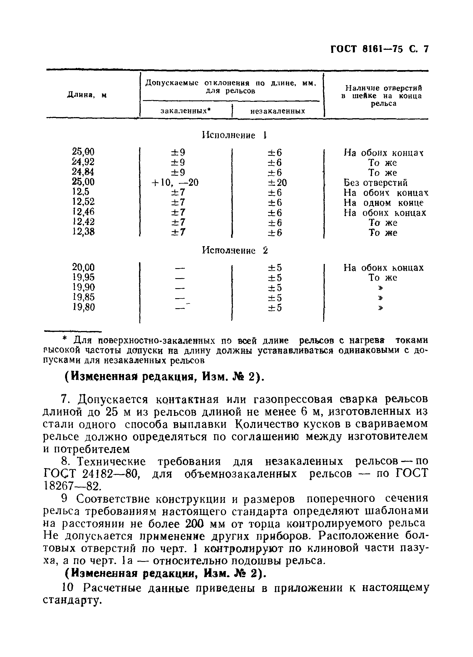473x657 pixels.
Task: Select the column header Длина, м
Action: point(87,95)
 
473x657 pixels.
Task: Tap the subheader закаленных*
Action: point(186,111)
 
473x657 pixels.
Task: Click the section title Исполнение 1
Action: point(234,135)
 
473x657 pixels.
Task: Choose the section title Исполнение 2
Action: point(235,250)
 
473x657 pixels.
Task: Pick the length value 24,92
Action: point(83,162)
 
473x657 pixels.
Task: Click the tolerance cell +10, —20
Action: point(175,182)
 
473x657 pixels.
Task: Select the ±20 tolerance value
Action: point(277,183)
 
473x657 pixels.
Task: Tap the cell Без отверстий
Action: point(375,183)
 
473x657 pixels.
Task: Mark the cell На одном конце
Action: point(383,203)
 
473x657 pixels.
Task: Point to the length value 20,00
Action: point(83,267)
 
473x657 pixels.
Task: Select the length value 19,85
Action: point(83,297)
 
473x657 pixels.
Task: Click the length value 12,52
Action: point(83,202)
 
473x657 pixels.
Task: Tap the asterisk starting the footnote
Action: point(65,339)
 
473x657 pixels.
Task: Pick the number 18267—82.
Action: point(72,486)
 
